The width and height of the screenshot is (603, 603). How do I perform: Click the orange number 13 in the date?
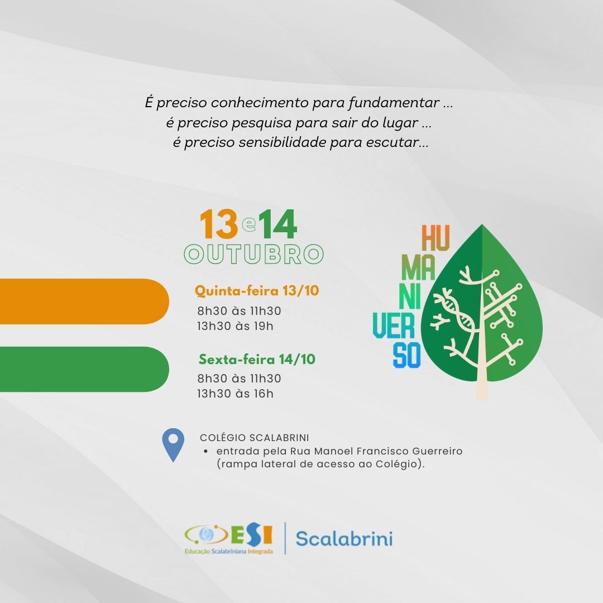pos(219,224)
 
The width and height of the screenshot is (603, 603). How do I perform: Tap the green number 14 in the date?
pos(277,224)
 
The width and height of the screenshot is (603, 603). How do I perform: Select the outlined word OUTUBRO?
pos(254,254)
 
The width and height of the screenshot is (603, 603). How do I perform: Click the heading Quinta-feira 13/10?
pos(257,291)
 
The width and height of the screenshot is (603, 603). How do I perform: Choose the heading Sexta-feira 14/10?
pos(257,359)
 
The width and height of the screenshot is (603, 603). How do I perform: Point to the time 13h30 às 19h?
pos(236,326)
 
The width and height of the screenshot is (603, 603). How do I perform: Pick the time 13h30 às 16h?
pos(236,394)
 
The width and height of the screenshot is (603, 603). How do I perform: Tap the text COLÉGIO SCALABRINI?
pos(255,438)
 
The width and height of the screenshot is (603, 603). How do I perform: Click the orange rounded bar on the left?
pos(84,301)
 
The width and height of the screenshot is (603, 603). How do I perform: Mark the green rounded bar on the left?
pos(84,369)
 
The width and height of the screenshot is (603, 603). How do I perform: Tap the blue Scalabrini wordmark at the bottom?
pos(344,538)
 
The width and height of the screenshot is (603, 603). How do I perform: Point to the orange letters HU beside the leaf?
pos(435,238)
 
